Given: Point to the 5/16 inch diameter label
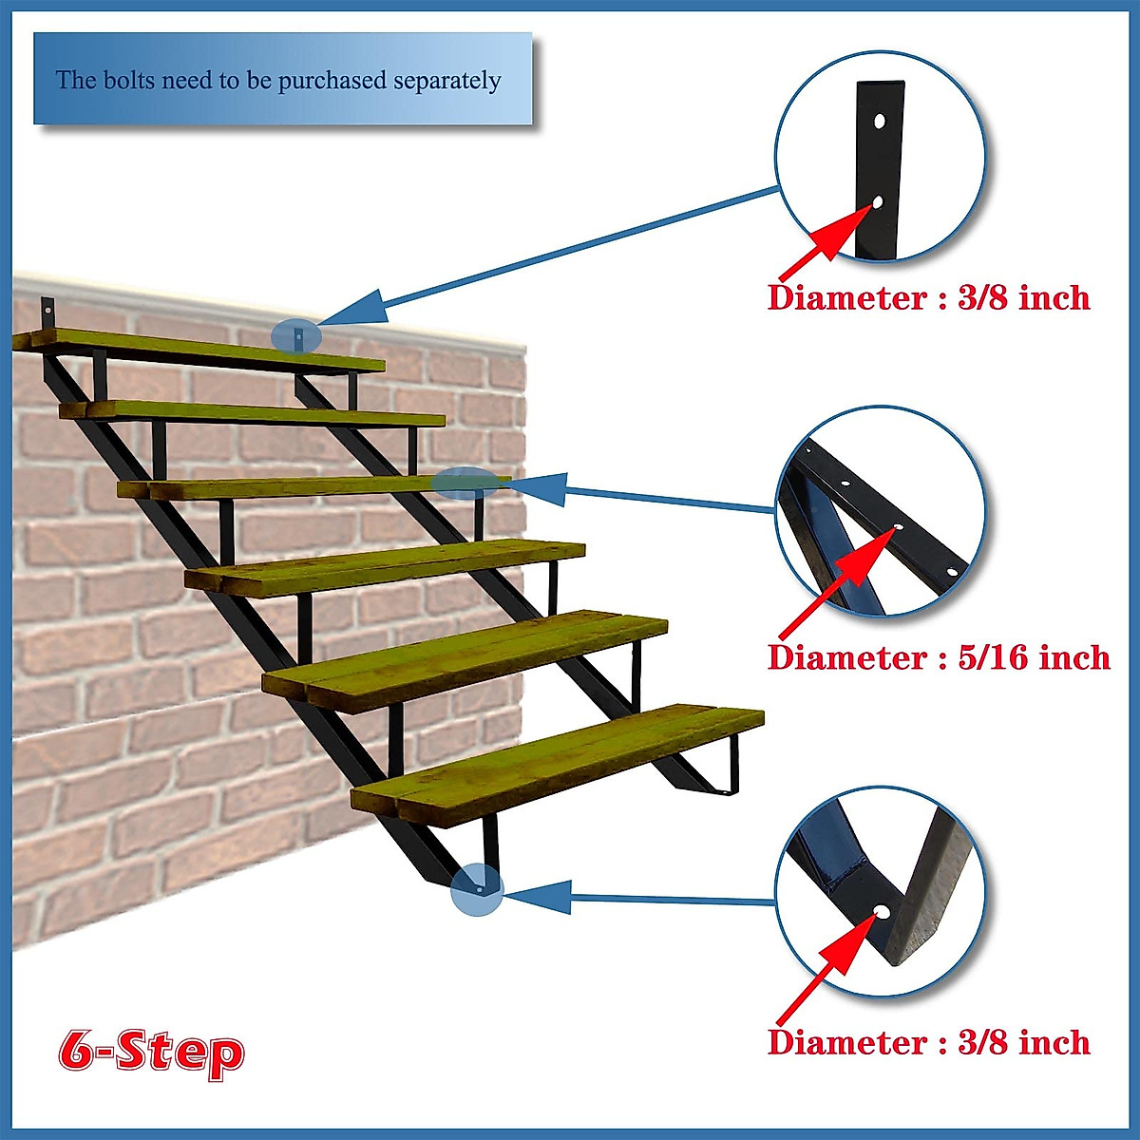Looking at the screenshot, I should coord(939,657).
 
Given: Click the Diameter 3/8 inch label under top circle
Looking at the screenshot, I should coord(928,297).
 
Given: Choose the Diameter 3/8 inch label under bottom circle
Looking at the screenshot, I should coord(928,1042).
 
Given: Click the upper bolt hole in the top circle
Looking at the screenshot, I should coord(880,122).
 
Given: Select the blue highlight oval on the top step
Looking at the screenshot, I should coord(296,335).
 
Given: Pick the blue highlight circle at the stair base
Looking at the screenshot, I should coord(477,889).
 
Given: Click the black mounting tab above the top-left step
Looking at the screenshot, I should coord(47,312).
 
